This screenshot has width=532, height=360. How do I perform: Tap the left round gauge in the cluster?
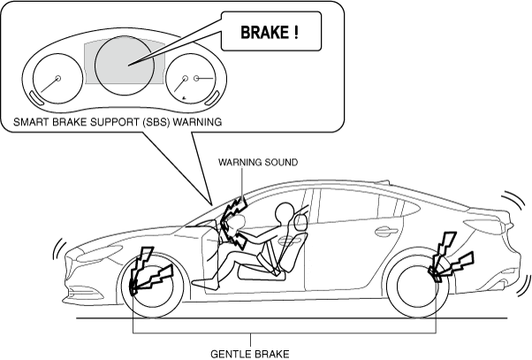point(57,80)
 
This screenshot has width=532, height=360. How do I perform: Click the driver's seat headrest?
point(303,215)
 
